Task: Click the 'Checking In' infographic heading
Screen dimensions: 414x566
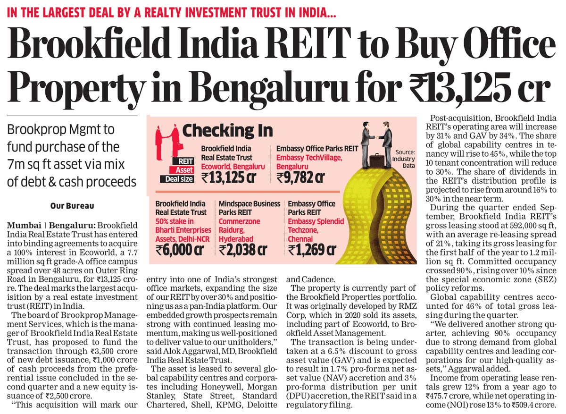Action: [x=227, y=130]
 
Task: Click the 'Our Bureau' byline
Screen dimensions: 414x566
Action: [x=72, y=206]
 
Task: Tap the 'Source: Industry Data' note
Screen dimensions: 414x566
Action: [x=405, y=162]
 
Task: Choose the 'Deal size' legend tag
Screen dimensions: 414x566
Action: [x=179, y=179]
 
